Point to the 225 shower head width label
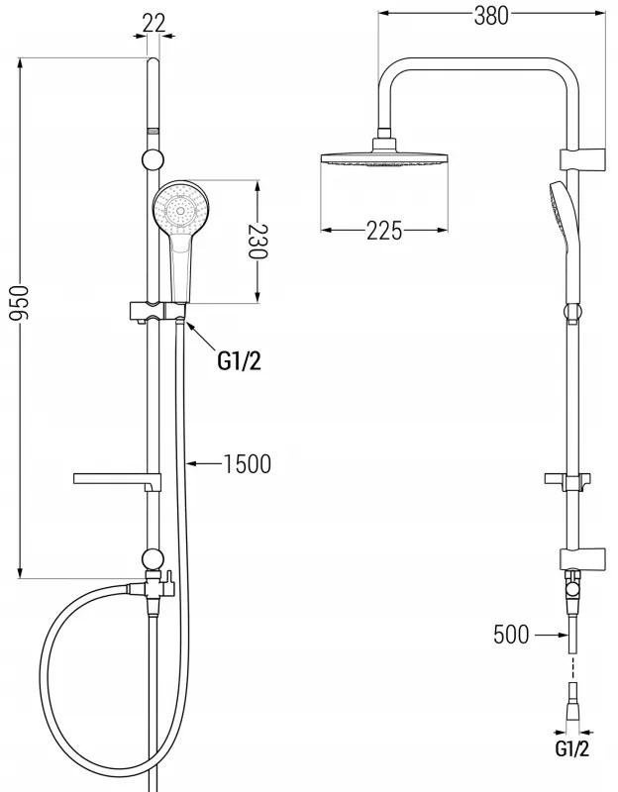pos(384,232)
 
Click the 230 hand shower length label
pos(257,241)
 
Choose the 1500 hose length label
pos(246,462)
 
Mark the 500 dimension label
pos(512,634)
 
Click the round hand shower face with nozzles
pos(179,210)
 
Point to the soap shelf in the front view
pos(116,480)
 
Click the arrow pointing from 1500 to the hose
pos(204,462)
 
